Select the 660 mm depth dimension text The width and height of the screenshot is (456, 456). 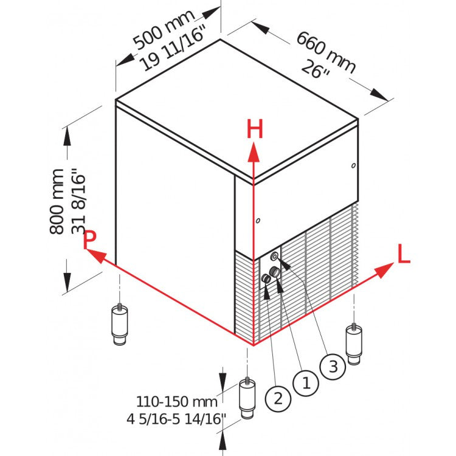pyautogui.click(x=326, y=52)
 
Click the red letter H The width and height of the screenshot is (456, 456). pyautogui.click(x=254, y=130)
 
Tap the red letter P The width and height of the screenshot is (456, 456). pyautogui.click(x=90, y=239)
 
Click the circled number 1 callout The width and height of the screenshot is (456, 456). pyautogui.click(x=306, y=382)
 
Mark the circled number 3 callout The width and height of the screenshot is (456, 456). pyautogui.click(x=333, y=367)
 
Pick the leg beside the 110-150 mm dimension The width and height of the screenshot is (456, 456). pyautogui.click(x=246, y=398)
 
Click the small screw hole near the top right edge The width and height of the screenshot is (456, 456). pyautogui.click(x=353, y=164)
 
